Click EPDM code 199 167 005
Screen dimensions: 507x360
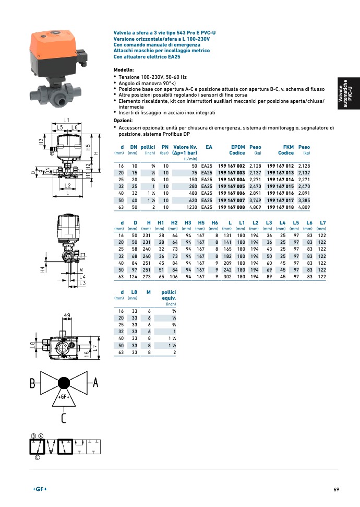pyautogui.click(x=231, y=186)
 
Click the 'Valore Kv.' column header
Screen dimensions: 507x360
pyautogui.click(x=185, y=147)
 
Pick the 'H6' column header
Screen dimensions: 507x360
pyautogui.click(x=214, y=223)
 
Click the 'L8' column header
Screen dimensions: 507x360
pyautogui.click(x=135, y=292)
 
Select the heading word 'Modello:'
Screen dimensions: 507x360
pyautogui.click(x=124, y=70)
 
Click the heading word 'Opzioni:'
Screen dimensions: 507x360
pyautogui.click(x=123, y=120)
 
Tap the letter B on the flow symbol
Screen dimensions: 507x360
pyautogui.click(x=32, y=384)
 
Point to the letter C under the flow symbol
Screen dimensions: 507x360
pyautogui.click(x=64, y=418)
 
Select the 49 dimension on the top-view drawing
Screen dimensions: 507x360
pyautogui.click(x=67, y=315)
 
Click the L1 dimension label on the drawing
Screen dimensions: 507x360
pyautogui.click(x=67, y=120)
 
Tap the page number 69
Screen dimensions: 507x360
pyautogui.click(x=336, y=489)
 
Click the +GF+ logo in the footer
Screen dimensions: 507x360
pyautogui.click(x=40, y=489)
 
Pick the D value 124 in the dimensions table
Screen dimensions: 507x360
pyautogui.click(x=135, y=277)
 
